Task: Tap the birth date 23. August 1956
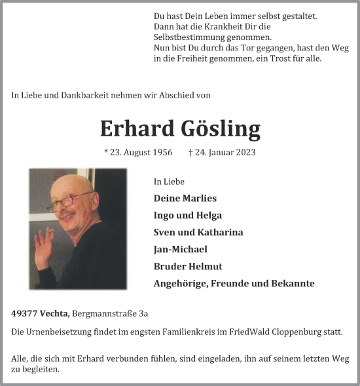pyautogui.click(x=141, y=153)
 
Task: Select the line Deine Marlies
pyautogui.click(x=185, y=198)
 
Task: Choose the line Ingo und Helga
pyautogui.click(x=187, y=215)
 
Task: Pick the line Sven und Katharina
pyautogui.click(x=198, y=232)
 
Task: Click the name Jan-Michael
pyautogui.click(x=180, y=249)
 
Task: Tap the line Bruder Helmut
pyautogui.click(x=188, y=266)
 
